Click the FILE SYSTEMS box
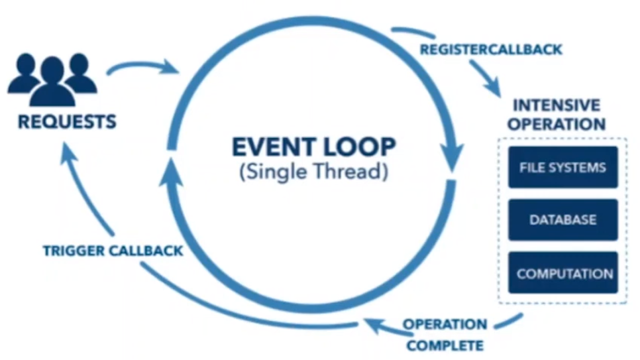coord(562,167)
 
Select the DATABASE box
coord(562,219)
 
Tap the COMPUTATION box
coord(564,273)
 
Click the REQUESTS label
coord(67,122)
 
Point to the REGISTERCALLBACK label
coord(491,49)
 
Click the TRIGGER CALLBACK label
coord(113,251)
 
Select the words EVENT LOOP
coord(314,147)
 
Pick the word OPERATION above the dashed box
coord(557,124)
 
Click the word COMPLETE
coord(445,345)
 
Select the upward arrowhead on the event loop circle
coord(170,173)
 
